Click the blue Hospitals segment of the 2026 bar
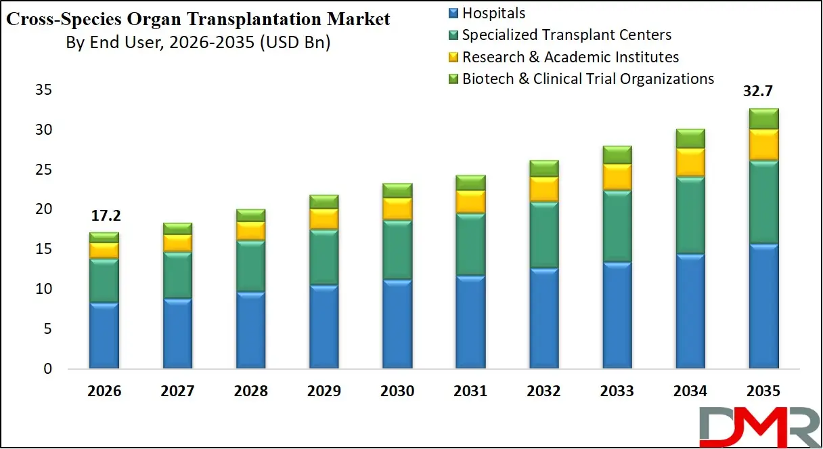tap(104, 335)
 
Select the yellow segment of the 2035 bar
tap(763, 144)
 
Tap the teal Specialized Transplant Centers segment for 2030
tap(397, 249)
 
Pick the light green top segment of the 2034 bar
tap(690, 139)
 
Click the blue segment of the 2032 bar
tap(543, 318)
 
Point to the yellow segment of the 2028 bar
tap(250, 231)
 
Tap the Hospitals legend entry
tap(493, 13)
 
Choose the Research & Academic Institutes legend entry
tap(570, 57)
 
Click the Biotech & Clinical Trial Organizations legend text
tap(587, 79)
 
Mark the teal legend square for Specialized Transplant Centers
tap(453, 35)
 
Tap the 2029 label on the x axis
tap(324, 391)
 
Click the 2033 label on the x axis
tap(617, 391)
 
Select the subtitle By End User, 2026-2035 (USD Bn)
tap(198, 43)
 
